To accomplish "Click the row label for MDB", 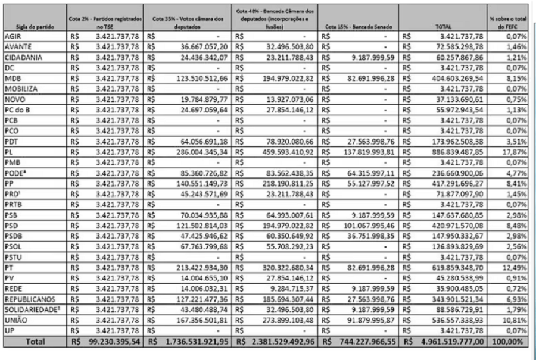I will (x=13, y=79).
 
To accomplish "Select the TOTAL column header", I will (x=442, y=26).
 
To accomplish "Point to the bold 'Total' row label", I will (x=33, y=342).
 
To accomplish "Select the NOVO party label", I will (x=14, y=99).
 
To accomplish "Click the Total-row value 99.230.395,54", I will (x=111, y=342).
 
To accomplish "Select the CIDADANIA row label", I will (x=23, y=58).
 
